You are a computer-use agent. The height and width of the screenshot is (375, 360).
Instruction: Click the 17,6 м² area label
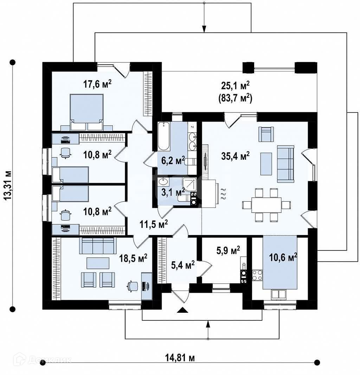click(x=97, y=84)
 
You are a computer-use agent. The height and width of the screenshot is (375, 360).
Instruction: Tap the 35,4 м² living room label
click(x=236, y=156)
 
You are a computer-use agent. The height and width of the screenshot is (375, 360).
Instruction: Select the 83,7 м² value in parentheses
click(x=236, y=98)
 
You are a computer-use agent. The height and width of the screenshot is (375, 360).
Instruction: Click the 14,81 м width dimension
click(x=180, y=358)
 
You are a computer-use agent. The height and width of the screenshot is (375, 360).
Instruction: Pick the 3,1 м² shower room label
click(x=173, y=192)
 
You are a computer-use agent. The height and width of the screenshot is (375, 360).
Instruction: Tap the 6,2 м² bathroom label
click(x=173, y=160)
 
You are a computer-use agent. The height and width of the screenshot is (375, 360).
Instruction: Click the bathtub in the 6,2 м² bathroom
click(x=164, y=136)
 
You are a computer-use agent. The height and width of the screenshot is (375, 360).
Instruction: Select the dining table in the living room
click(x=266, y=205)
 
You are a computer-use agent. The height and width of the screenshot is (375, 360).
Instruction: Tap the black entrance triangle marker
click(x=182, y=310)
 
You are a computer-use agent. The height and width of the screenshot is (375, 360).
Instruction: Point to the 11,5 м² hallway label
click(x=154, y=224)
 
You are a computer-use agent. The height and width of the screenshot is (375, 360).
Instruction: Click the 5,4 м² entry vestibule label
click(x=183, y=265)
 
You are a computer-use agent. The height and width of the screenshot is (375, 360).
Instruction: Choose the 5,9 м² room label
click(x=228, y=250)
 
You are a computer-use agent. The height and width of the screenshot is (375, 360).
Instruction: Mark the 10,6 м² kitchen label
click(x=283, y=257)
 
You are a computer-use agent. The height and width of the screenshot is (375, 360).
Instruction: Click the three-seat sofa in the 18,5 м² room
click(x=98, y=246)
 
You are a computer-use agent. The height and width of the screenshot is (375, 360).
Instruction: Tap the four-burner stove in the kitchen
click(x=257, y=275)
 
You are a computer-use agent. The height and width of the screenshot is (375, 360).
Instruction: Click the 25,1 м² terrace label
click(x=236, y=85)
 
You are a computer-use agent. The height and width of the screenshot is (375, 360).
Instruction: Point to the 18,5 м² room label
click(x=133, y=258)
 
